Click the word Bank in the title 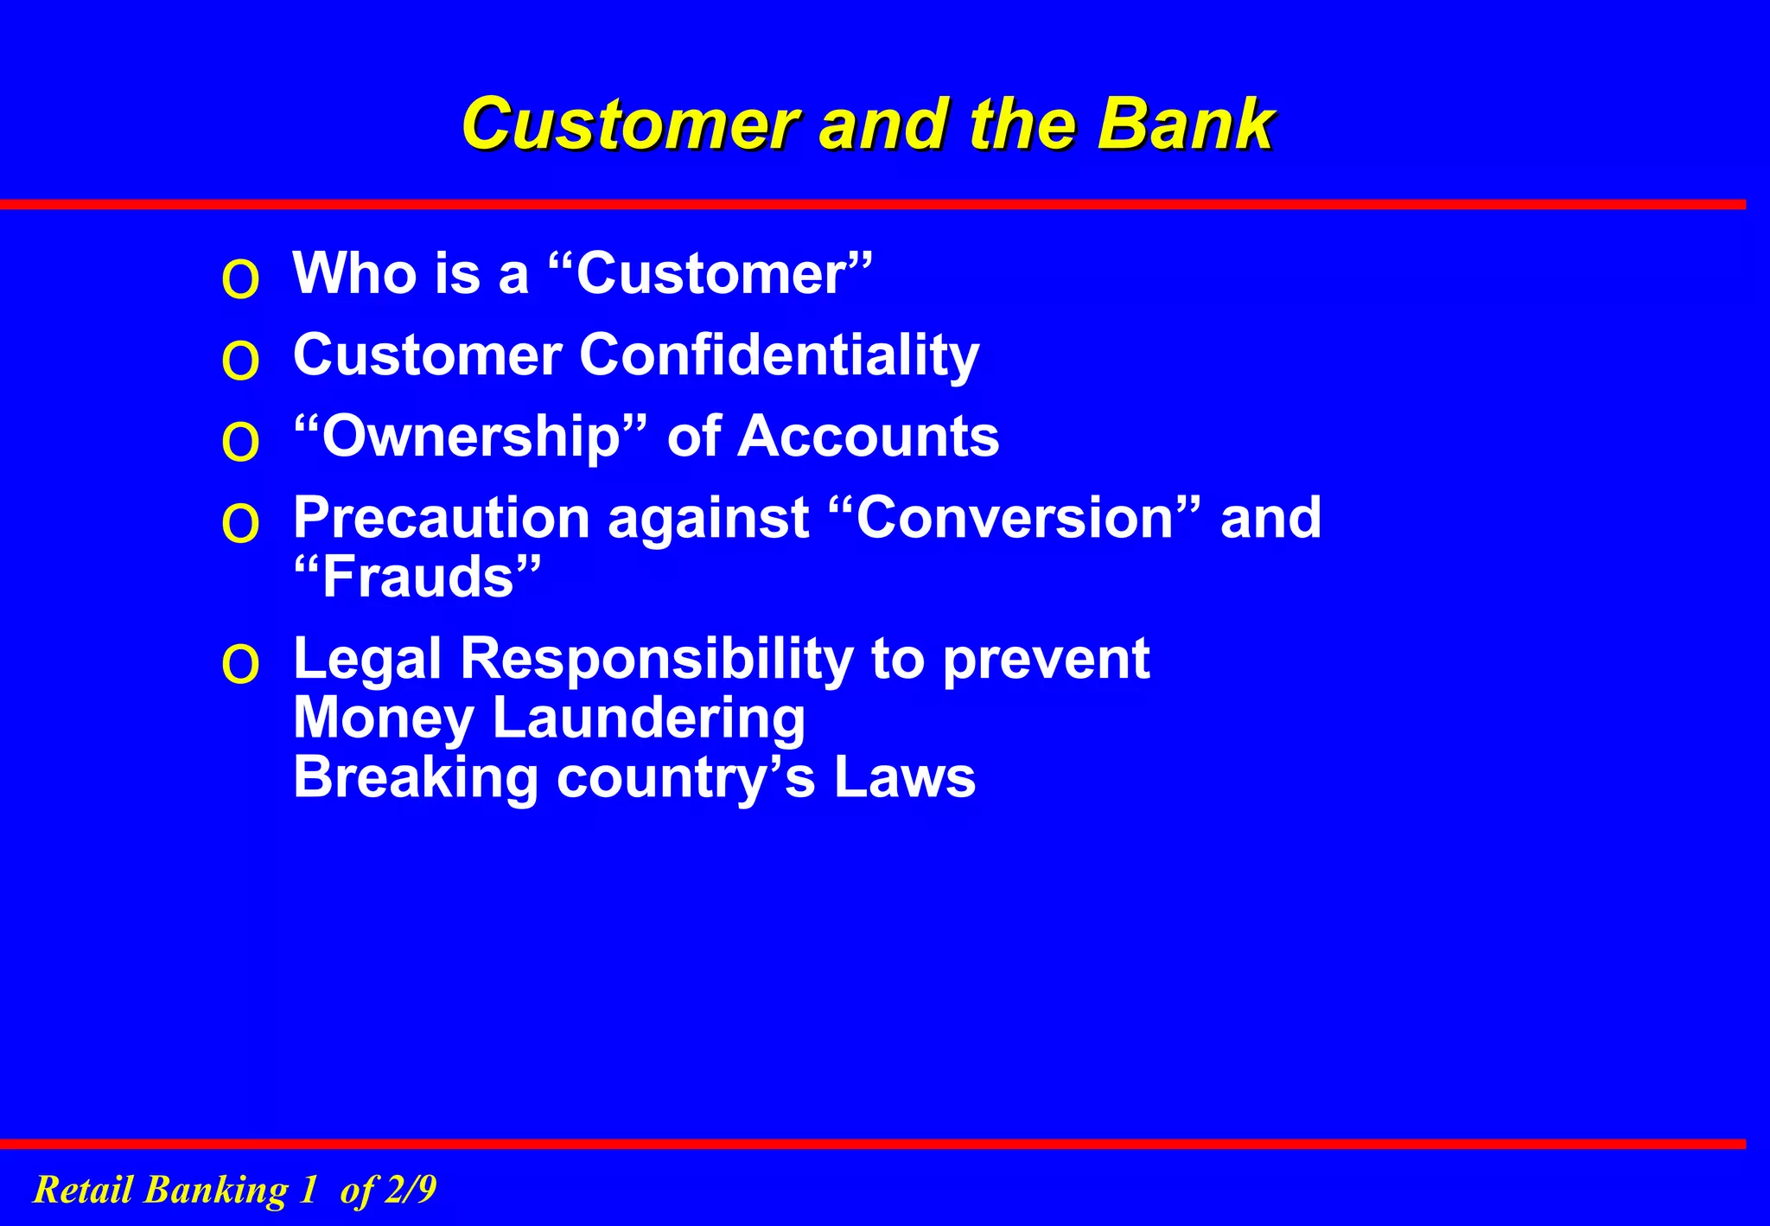1185,124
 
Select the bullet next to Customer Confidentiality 240,361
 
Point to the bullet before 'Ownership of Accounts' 240,442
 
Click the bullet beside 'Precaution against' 240,523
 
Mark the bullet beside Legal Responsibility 240,665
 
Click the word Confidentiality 779,355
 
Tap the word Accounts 868,436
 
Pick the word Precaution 442,517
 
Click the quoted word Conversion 1015,517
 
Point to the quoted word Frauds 418,577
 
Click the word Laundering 648,718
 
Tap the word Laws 904,776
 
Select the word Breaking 416,776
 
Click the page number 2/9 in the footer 411,1190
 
